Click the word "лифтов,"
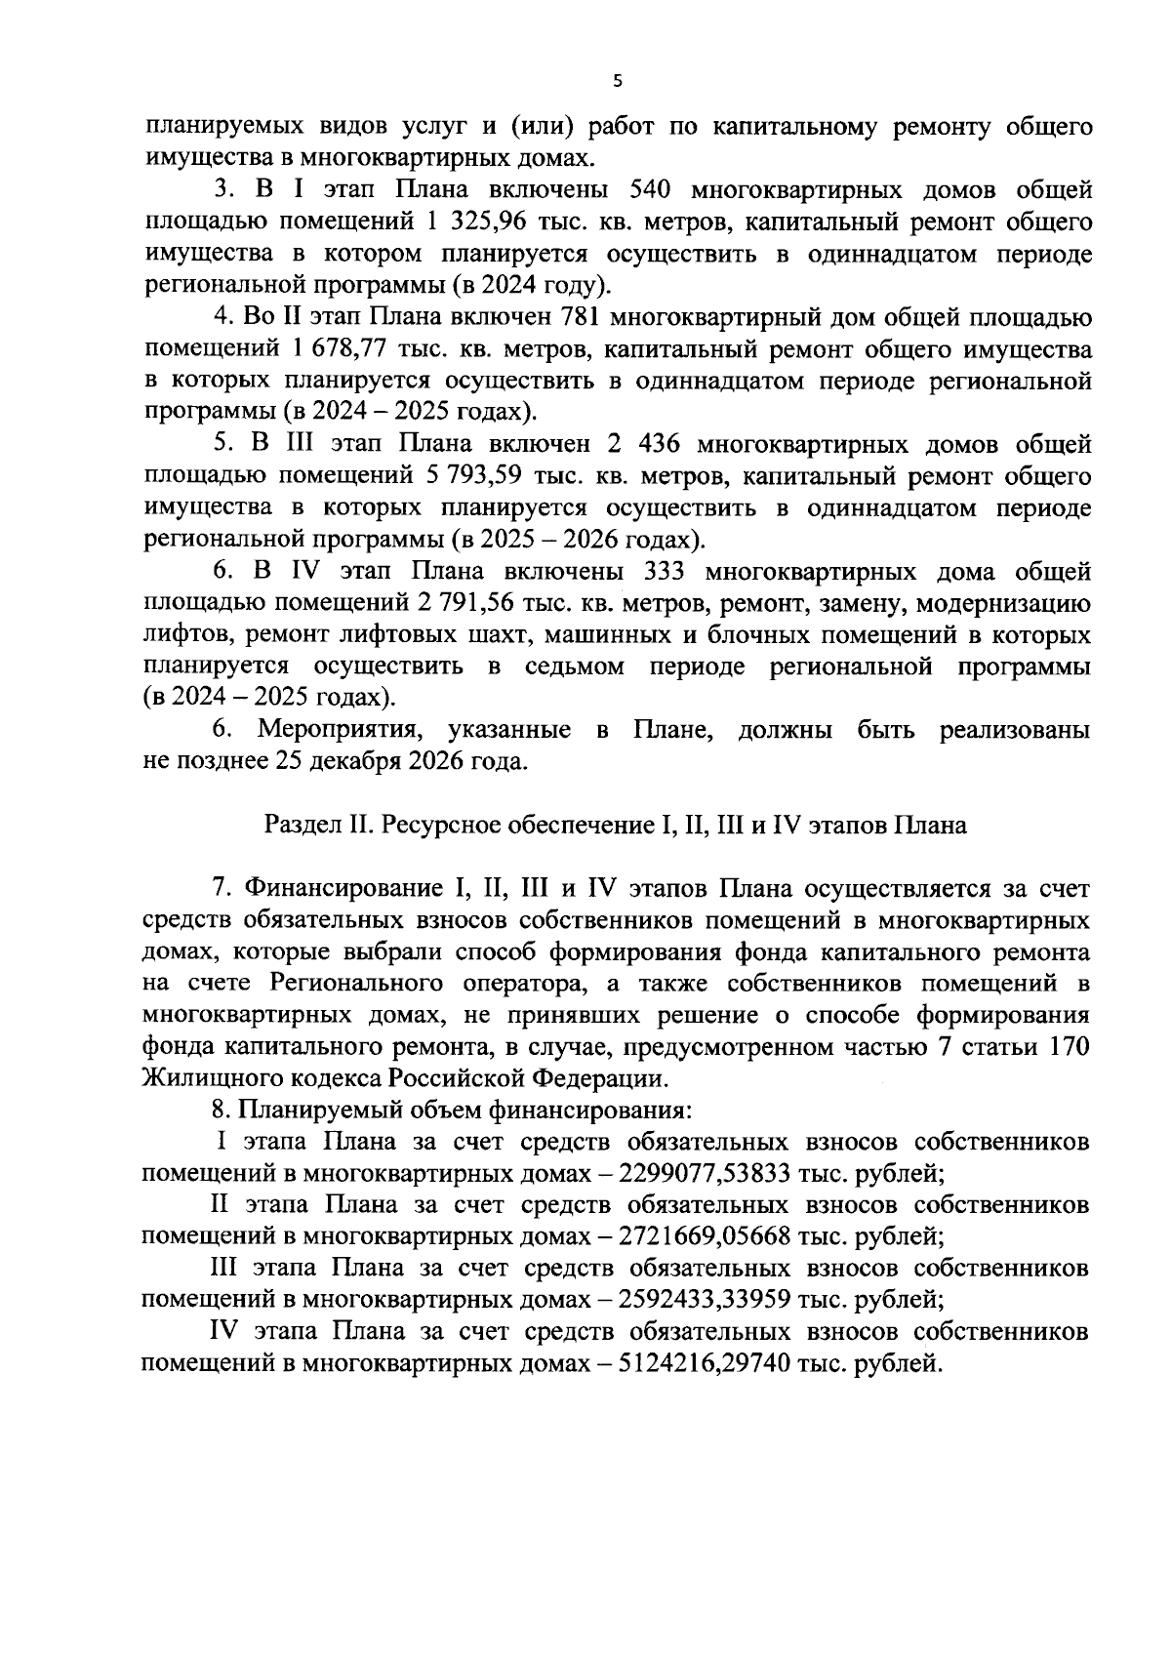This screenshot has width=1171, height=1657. click(186, 636)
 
